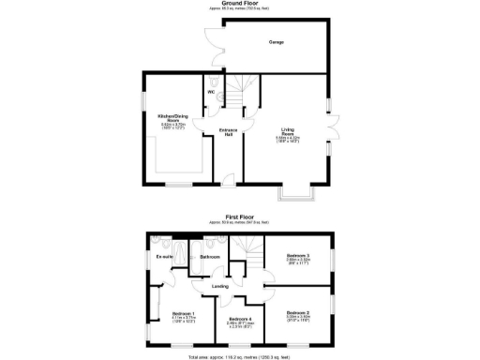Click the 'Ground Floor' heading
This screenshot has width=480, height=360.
coord(239,4)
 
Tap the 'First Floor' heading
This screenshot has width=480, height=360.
coord(239,214)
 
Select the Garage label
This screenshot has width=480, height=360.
coord(277,42)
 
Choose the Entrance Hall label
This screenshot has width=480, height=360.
coord(227,131)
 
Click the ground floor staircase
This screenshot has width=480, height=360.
coord(241,94)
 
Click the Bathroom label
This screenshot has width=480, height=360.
coord(210,256)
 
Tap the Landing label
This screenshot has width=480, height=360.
coord(221,286)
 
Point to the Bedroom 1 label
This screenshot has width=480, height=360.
coord(183,315)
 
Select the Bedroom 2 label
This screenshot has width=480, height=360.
coord(297,314)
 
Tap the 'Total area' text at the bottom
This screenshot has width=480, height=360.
coord(239,357)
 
